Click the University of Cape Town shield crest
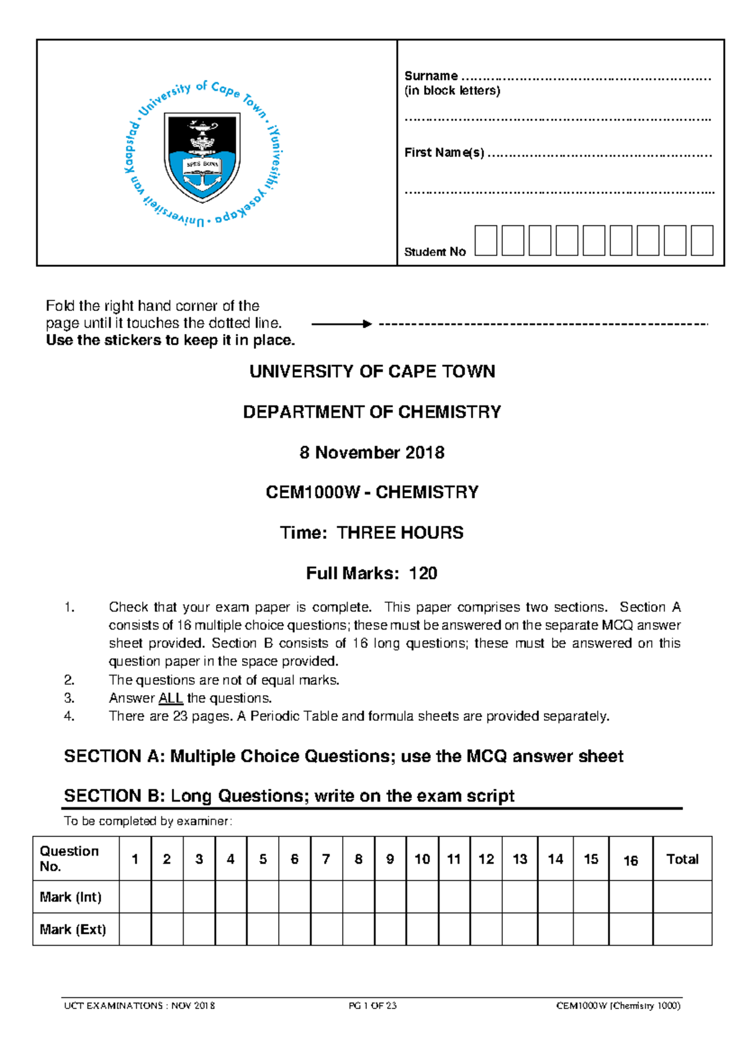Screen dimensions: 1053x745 click(202, 156)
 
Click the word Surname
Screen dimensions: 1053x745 click(431, 76)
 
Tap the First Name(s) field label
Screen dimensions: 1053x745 click(444, 153)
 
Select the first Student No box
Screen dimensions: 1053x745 click(485, 241)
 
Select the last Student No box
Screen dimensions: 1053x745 click(702, 241)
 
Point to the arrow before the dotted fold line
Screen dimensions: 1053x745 click(341, 323)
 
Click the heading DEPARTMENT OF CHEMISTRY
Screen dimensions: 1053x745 click(372, 412)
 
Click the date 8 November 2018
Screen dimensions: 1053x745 click(372, 453)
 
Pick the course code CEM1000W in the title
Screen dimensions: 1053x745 click(312, 492)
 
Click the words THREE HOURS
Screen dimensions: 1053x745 click(400, 533)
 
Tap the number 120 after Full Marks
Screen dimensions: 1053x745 click(423, 573)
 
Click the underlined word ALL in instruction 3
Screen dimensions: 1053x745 click(171, 698)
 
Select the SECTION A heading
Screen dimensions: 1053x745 click(343, 756)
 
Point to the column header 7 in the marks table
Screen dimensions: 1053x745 click(326, 859)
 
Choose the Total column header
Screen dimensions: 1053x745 click(682, 859)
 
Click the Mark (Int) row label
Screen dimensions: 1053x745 click(70, 897)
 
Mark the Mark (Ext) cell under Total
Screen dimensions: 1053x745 click(682, 929)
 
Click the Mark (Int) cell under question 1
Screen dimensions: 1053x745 click(135, 897)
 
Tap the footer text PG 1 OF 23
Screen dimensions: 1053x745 click(372, 1006)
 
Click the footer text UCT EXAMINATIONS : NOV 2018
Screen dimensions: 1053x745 click(140, 1006)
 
